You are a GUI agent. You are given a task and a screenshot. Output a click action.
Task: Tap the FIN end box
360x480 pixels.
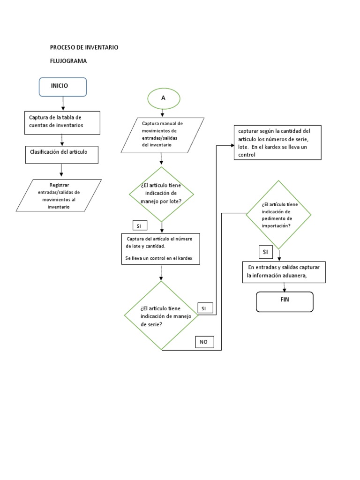click(x=285, y=301)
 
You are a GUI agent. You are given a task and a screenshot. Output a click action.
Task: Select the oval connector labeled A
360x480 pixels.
click(x=163, y=98)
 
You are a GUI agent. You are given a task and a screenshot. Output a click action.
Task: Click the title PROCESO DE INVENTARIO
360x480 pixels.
click(x=84, y=47)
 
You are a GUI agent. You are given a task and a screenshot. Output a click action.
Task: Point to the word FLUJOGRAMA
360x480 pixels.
click(x=68, y=61)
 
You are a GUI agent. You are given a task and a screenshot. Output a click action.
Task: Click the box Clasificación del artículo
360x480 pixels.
click(x=61, y=154)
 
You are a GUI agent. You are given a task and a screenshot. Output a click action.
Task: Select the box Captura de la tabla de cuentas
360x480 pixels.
click(x=62, y=122)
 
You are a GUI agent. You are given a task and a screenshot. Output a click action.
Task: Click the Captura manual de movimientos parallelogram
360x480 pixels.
click(x=162, y=135)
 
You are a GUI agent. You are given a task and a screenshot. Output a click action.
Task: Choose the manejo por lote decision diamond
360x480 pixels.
click(x=161, y=194)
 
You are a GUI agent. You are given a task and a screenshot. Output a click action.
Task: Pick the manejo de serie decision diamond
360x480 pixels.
click(x=161, y=315)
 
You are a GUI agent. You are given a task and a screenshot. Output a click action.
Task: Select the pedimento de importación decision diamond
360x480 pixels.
click(x=279, y=215)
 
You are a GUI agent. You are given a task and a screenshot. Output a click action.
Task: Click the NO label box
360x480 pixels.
click(x=204, y=342)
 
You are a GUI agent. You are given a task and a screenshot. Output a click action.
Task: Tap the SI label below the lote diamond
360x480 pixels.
click(x=140, y=226)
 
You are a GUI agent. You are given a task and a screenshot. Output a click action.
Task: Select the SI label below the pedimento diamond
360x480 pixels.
click(x=266, y=252)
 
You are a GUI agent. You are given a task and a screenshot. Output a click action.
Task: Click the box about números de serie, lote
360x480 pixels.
click(x=277, y=142)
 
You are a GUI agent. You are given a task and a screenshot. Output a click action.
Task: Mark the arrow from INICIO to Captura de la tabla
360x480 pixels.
click(x=62, y=104)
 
